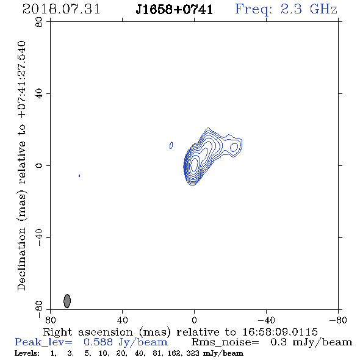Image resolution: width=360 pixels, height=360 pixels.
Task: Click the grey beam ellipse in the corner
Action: point(67,301)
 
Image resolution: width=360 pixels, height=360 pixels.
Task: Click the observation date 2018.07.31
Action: point(61,9)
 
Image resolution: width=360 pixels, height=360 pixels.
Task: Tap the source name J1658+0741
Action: point(174,10)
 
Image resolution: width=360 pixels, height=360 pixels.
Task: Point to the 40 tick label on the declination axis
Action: point(39,94)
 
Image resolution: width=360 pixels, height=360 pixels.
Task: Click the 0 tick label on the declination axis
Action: point(39,165)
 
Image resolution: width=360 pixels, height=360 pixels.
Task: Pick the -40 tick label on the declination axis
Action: point(39,237)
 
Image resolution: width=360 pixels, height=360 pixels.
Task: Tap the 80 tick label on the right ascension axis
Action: point(50,320)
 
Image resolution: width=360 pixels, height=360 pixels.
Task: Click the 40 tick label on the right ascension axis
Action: point(122,320)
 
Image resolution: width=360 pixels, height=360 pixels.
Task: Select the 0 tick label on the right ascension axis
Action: point(194,320)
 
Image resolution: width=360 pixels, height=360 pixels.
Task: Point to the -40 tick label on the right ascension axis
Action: point(266,320)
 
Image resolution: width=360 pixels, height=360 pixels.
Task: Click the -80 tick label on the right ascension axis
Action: point(338,320)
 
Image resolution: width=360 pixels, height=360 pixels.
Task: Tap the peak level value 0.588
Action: point(98,342)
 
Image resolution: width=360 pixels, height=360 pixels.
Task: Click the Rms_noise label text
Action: point(225,342)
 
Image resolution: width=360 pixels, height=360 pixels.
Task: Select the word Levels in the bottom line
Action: point(27,353)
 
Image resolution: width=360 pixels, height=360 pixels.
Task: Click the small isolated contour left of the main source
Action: point(171,145)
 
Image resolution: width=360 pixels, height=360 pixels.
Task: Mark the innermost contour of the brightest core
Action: point(194,165)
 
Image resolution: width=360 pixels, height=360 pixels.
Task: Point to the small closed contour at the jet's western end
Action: point(234,147)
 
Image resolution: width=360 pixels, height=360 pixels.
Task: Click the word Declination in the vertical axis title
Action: point(21,259)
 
